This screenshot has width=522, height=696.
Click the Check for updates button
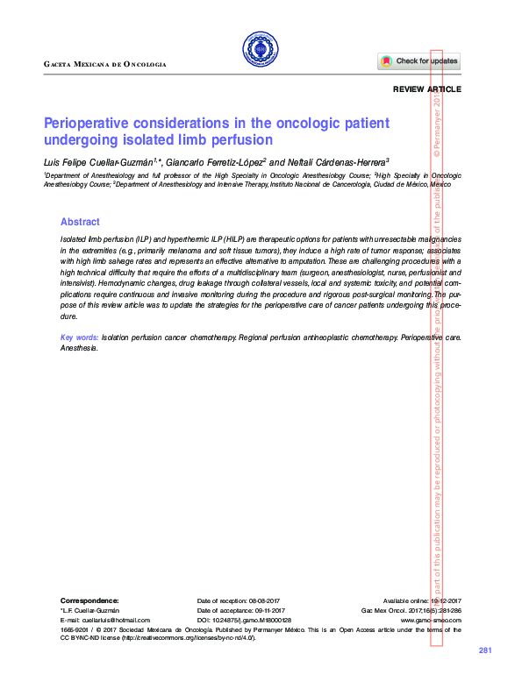(x=419, y=61)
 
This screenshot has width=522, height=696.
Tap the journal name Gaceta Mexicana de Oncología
(x=104, y=65)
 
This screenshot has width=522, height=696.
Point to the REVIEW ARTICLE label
(x=426, y=90)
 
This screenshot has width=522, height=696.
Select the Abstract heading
(x=80, y=223)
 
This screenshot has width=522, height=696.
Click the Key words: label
(x=79, y=337)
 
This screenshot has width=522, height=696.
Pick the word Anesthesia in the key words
(x=79, y=348)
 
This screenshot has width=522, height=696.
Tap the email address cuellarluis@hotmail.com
(x=105, y=620)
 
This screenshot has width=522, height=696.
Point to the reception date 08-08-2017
(x=264, y=599)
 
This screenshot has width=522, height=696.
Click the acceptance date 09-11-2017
(x=267, y=609)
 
